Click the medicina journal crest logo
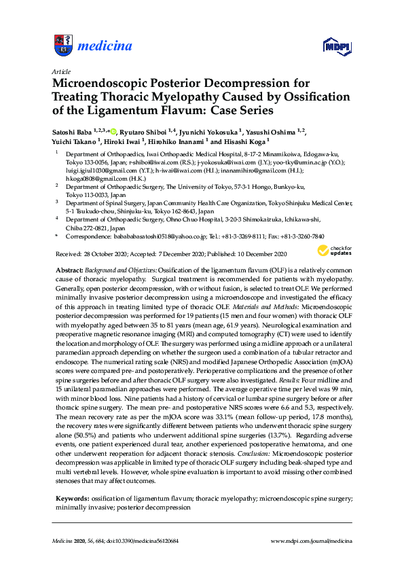[62, 46]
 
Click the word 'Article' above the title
[60, 71]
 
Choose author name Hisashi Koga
[245, 142]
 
